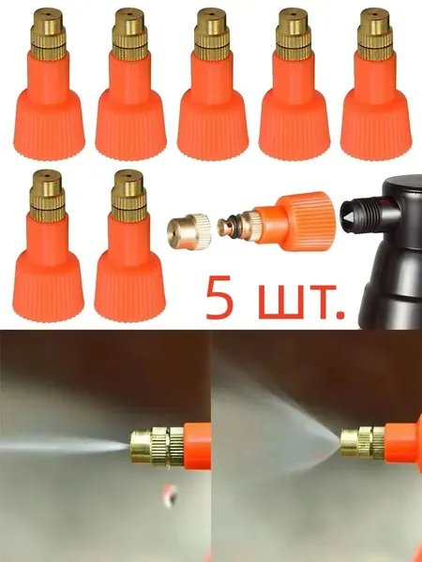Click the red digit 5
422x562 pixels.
[x=219, y=297]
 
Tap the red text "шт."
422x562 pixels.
[x=301, y=302]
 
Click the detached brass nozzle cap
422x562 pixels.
[x=189, y=231]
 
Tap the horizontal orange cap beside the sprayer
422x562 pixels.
[x=294, y=221]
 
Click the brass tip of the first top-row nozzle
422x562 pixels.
[x=48, y=34]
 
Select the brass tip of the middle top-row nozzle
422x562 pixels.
[x=212, y=34]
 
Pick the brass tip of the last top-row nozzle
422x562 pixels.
[x=375, y=34]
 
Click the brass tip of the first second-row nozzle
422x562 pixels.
[x=48, y=196]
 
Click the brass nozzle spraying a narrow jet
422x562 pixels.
[x=158, y=446]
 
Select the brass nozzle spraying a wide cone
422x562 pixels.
[x=363, y=443]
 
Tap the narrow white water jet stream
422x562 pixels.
[x=65, y=447]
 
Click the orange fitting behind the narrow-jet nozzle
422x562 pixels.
[x=197, y=446]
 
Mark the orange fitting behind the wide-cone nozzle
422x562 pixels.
[x=403, y=443]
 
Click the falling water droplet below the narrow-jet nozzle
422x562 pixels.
[x=171, y=495]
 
